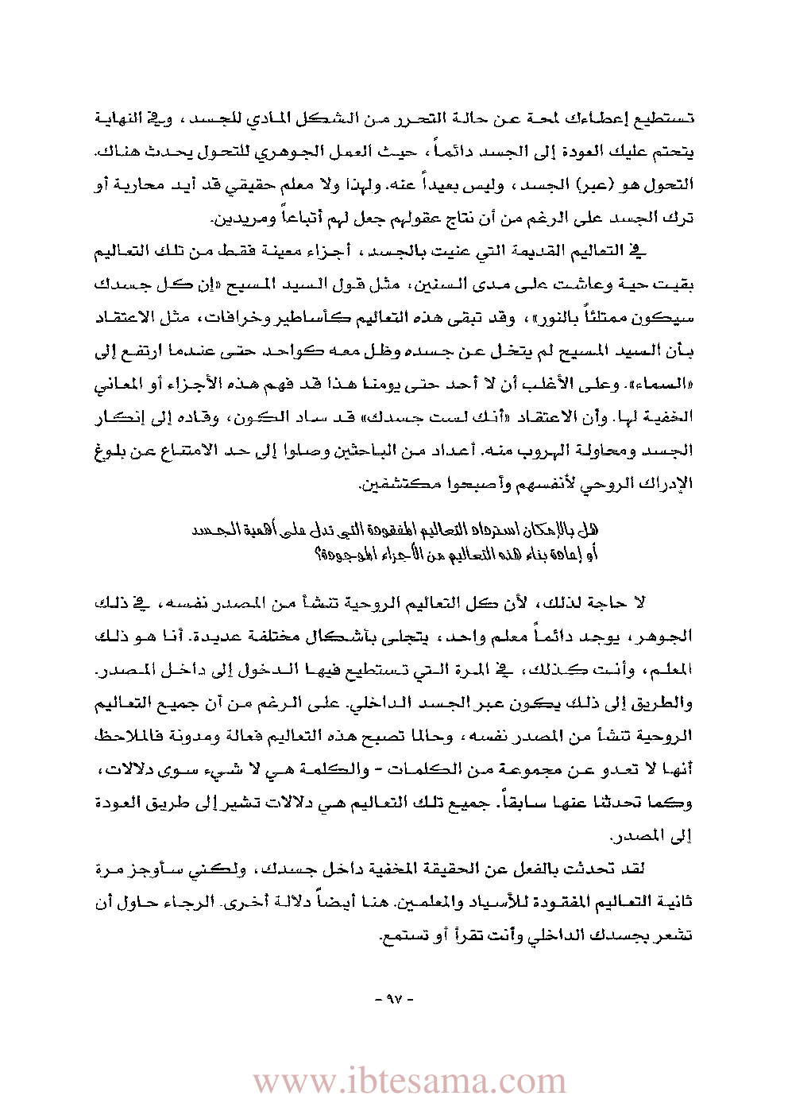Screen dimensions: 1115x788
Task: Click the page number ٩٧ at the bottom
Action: (395, 999)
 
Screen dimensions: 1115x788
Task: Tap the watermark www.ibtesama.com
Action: (410, 1082)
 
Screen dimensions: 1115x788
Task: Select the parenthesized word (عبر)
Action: (605, 184)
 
